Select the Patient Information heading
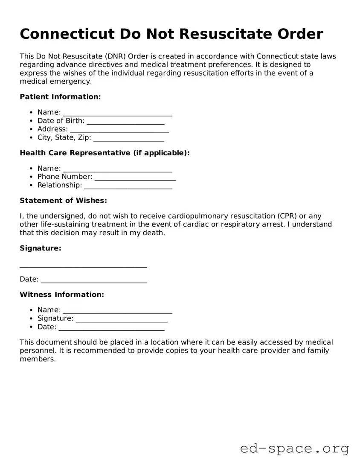tap(60, 96)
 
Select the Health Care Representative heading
tap(105, 153)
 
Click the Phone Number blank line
tap(135, 177)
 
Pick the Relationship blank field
tap(128, 186)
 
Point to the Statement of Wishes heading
tap(63, 201)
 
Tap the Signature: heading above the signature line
tap(41, 248)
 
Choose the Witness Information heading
tap(62, 294)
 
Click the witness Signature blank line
tap(121, 319)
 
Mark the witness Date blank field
tap(111, 327)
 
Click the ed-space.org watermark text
tap(294, 449)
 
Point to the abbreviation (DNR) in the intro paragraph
tap(114, 56)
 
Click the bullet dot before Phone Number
tap(32, 177)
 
